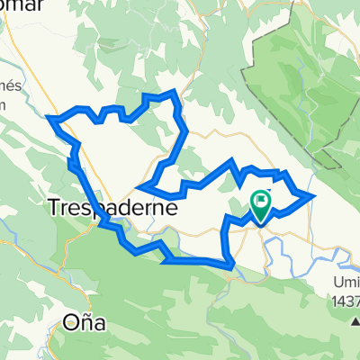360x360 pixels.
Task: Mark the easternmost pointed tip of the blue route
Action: [312, 194]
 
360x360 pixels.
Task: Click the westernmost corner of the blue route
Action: [48, 116]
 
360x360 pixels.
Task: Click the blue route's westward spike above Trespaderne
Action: [137, 188]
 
